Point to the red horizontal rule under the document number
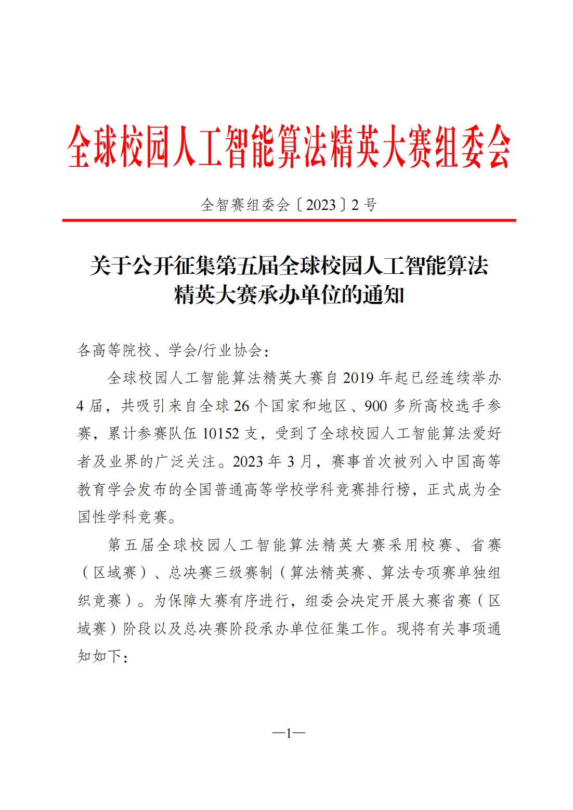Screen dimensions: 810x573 click(x=289, y=220)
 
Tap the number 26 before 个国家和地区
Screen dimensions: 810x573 click(x=242, y=406)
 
